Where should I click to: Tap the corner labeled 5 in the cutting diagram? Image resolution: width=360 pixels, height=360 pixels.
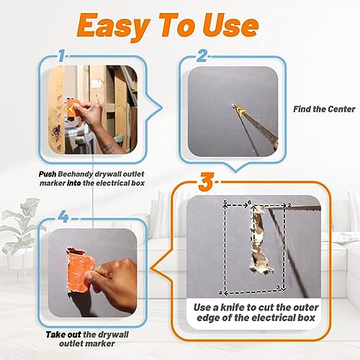[x=225, y=204]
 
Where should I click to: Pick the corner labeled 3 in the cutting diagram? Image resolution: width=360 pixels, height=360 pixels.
[x=279, y=288]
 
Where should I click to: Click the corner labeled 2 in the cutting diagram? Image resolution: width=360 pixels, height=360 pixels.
[x=288, y=204]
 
